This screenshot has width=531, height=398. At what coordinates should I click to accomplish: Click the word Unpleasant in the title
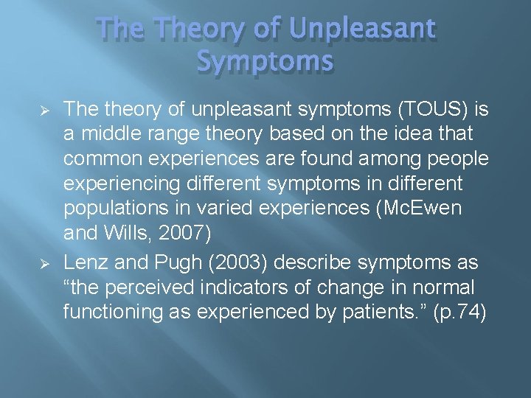tap(363, 29)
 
